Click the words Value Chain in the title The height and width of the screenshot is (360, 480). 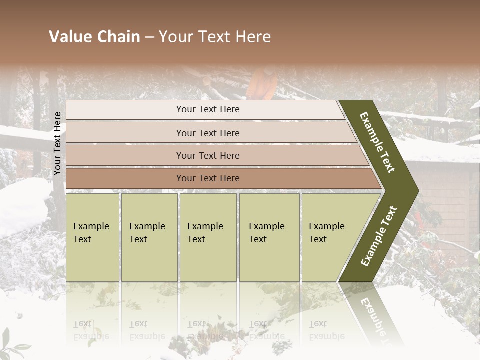[94, 37]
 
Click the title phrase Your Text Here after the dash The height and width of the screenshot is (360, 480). [215, 37]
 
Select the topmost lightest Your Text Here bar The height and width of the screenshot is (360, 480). [207, 109]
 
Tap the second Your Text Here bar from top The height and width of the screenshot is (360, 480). [207, 133]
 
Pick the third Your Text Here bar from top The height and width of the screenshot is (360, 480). [207, 155]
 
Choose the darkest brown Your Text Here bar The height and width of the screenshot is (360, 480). [207, 178]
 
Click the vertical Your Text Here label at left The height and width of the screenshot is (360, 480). [57, 143]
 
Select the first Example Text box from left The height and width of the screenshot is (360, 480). [92, 237]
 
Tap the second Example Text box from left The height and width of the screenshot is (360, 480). [149, 237]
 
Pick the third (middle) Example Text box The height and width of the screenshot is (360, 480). [207, 237]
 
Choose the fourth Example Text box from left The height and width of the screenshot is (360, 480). [269, 237]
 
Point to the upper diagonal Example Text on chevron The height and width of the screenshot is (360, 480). [377, 142]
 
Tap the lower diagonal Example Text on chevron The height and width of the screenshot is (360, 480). [379, 236]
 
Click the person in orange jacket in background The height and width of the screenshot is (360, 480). [262, 84]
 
